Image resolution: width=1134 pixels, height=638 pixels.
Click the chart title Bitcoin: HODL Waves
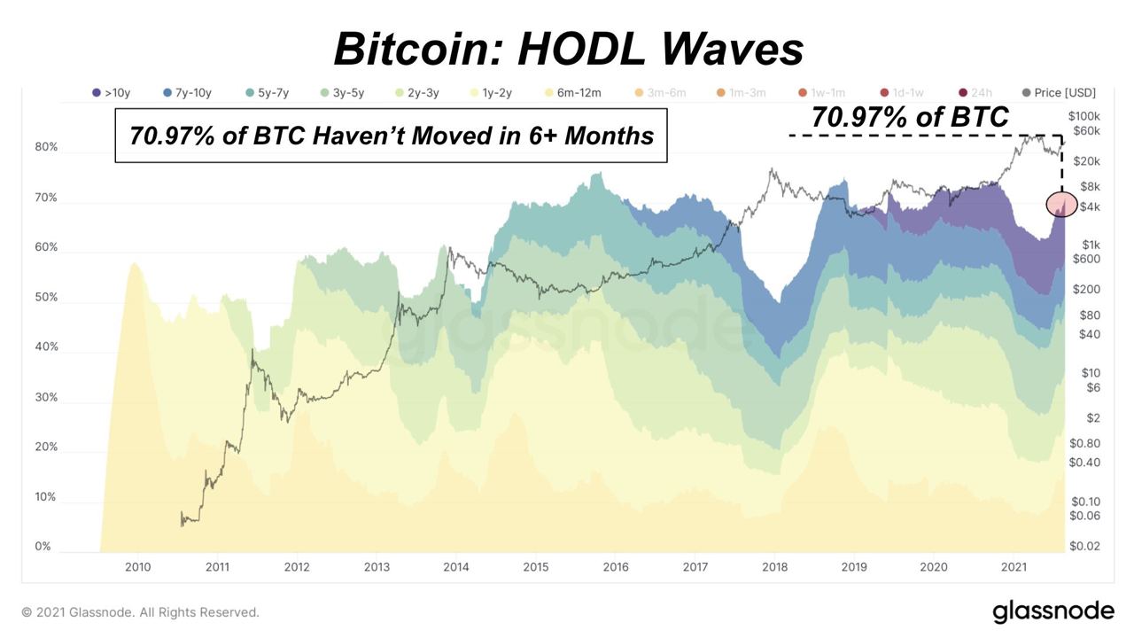pyautogui.click(x=568, y=49)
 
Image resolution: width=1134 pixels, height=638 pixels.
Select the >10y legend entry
pyautogui.click(x=112, y=92)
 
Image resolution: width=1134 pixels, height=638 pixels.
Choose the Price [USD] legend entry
pyautogui.click(x=1059, y=92)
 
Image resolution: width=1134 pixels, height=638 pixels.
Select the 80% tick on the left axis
pyautogui.click(x=46, y=147)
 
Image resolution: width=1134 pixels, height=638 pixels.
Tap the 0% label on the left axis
pyautogui.click(x=43, y=547)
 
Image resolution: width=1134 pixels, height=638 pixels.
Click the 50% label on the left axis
pyautogui.click(x=46, y=298)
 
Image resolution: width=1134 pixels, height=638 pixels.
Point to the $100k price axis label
pyautogui.click(x=1084, y=116)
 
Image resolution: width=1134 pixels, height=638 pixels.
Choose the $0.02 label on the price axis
pyautogui.click(x=1084, y=547)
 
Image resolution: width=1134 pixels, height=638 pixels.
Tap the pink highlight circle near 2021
pyautogui.click(x=1061, y=205)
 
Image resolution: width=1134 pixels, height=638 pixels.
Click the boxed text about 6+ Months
pyautogui.click(x=391, y=136)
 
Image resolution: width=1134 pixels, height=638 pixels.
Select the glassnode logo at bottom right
pyautogui.click(x=1052, y=611)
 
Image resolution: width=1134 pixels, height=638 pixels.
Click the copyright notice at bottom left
pyautogui.click(x=141, y=612)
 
